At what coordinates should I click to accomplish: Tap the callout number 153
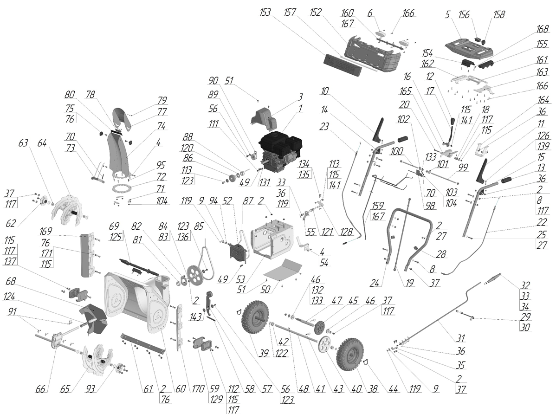[x=265, y=13]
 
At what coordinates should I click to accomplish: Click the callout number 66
[x=42, y=389]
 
